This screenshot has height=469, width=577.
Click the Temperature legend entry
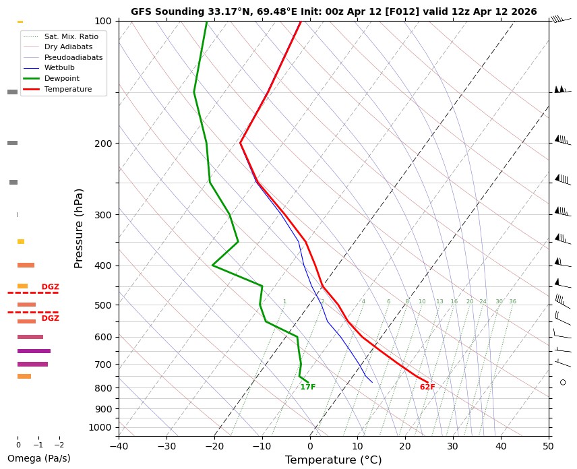(67, 89)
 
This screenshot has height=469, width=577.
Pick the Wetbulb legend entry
(59, 68)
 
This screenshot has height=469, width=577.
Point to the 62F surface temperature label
(427, 387)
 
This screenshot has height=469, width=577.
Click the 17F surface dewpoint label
(308, 387)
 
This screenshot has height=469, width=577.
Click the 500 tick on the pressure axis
(104, 305)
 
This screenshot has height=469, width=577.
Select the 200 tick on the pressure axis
(104, 144)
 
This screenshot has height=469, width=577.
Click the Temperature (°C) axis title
(334, 460)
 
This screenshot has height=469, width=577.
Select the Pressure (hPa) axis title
(79, 228)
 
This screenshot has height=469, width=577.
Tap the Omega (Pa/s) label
(39, 459)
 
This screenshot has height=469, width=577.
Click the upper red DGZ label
(51, 287)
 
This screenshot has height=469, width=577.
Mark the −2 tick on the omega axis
(59, 445)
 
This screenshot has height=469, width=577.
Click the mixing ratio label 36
(512, 302)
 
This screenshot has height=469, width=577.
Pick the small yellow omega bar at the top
(20, 22)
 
